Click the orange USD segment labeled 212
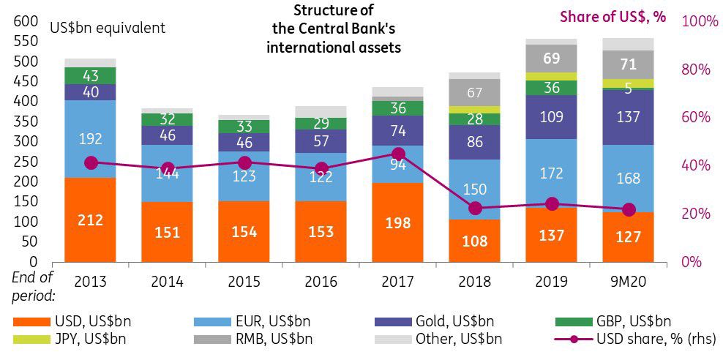90,219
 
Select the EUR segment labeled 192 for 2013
90,138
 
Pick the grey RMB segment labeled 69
552,58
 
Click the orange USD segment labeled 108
475,240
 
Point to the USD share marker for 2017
398,154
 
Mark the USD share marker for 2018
475,209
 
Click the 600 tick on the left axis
26,21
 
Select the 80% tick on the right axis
696,70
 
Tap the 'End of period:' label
33,286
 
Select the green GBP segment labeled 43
90,75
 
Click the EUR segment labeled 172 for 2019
552,173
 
